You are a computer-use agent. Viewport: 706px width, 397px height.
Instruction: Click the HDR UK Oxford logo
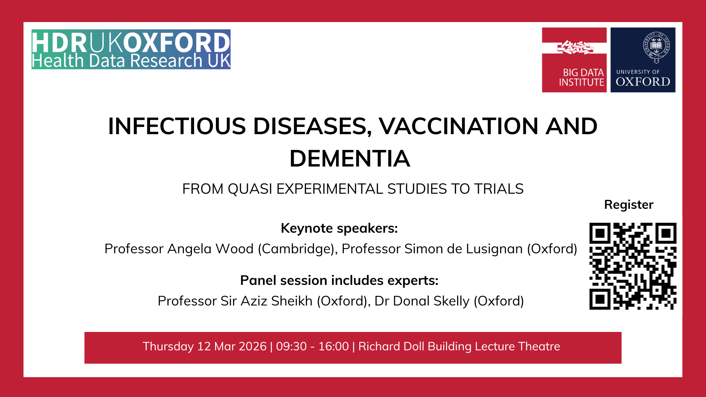coord(131,49)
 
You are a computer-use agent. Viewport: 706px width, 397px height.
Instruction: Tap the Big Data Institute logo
coord(574,60)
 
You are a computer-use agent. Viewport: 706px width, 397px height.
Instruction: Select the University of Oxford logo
coord(643,60)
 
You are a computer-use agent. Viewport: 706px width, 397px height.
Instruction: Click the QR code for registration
coord(632,266)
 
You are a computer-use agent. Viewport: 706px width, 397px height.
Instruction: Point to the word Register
coord(628,205)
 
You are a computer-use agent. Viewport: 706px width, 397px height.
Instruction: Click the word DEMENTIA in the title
coord(350,159)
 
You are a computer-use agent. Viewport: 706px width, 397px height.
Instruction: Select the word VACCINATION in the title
coord(459,126)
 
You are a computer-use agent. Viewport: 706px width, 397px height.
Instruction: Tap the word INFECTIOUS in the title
coord(177,126)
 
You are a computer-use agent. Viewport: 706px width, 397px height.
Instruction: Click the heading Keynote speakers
coord(339,228)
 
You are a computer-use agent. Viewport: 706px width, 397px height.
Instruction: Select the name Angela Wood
coord(210,249)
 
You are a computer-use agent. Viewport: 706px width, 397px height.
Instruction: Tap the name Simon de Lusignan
coord(463,249)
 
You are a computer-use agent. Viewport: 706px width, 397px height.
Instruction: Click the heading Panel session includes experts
coord(339,280)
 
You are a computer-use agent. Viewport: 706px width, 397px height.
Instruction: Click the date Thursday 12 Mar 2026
coord(204,347)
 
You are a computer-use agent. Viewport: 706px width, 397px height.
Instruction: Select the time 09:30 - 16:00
coord(312,347)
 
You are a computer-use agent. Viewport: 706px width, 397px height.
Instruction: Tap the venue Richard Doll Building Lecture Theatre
coord(459,347)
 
